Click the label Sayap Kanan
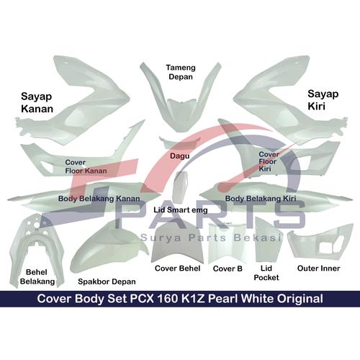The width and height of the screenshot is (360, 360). coord(37,102)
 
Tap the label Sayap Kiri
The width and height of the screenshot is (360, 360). coord(323,100)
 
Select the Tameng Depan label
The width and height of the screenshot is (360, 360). coord(181,72)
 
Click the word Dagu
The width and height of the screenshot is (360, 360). coord(180,156)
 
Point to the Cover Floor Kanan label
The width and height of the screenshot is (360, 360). coord(86,166)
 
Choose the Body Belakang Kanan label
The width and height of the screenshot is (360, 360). coord(99,199)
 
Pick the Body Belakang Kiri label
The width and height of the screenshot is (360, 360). coord(261,199)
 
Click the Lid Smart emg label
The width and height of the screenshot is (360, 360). coord(181,210)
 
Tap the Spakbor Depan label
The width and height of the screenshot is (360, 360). coord(107,282)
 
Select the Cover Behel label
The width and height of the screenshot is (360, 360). coord(178,269)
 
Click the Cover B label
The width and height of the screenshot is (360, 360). coord(228,269)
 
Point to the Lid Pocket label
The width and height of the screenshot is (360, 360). coord(266,273)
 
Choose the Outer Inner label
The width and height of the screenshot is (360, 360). coord(319,269)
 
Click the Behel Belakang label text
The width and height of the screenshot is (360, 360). coord(37,276)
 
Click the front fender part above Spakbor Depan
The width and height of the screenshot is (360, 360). coord(109,250)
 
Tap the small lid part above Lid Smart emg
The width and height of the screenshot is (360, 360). coord(179,186)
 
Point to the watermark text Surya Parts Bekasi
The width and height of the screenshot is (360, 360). coord(211,238)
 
